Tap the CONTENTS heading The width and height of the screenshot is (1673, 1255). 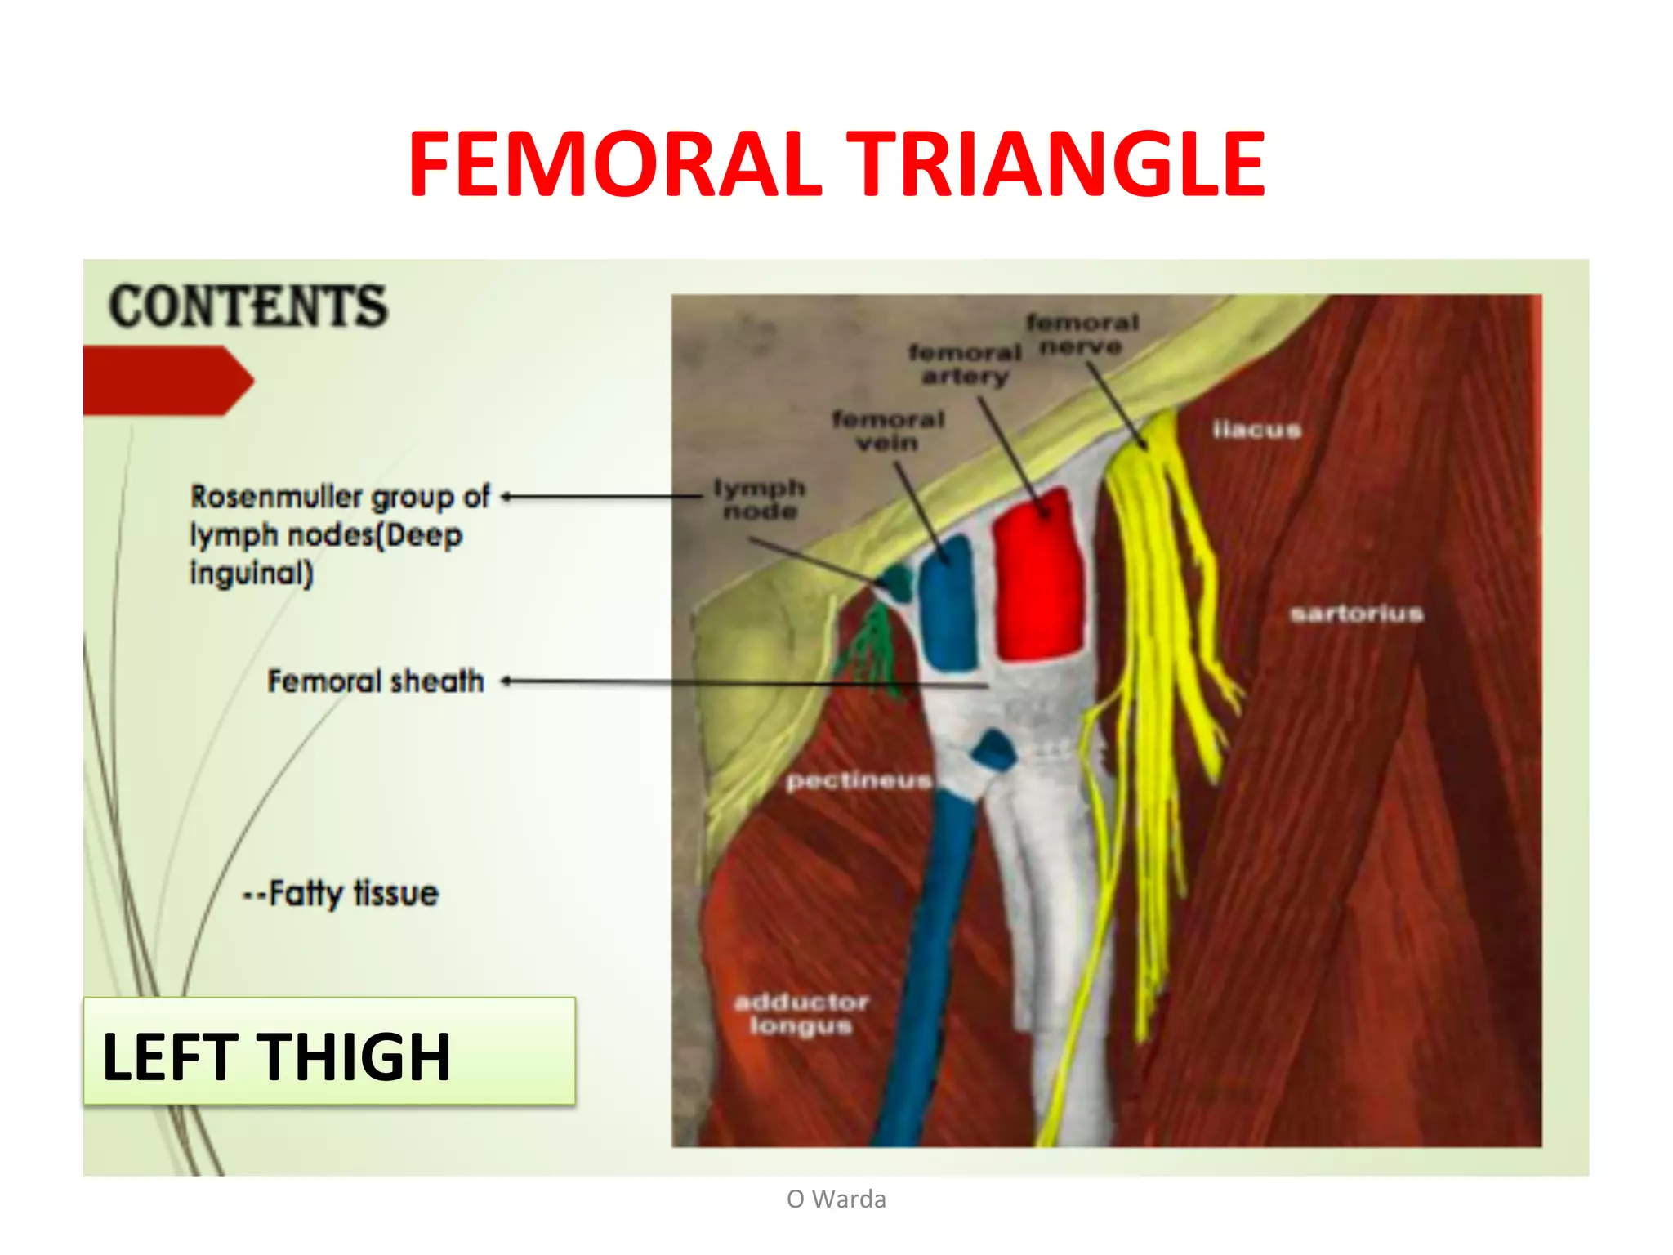coord(248,306)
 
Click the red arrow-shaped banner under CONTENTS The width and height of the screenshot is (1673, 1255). coord(163,381)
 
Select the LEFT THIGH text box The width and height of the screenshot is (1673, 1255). coord(328,1052)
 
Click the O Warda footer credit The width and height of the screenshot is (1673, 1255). coord(836,1199)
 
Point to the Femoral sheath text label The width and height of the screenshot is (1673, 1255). coord(376,681)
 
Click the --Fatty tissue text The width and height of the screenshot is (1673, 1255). coord(341,893)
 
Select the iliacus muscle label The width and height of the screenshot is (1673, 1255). coord(1256,430)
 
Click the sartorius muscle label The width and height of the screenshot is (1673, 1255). coord(1356,613)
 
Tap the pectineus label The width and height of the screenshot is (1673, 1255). coord(858,781)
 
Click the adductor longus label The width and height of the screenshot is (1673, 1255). coord(801,1013)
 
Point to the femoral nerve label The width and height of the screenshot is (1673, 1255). coord(1082,335)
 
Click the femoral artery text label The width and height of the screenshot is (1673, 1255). coord(965,364)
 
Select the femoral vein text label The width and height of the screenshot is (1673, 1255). coord(888,431)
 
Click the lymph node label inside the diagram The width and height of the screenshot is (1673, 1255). coord(760,499)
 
